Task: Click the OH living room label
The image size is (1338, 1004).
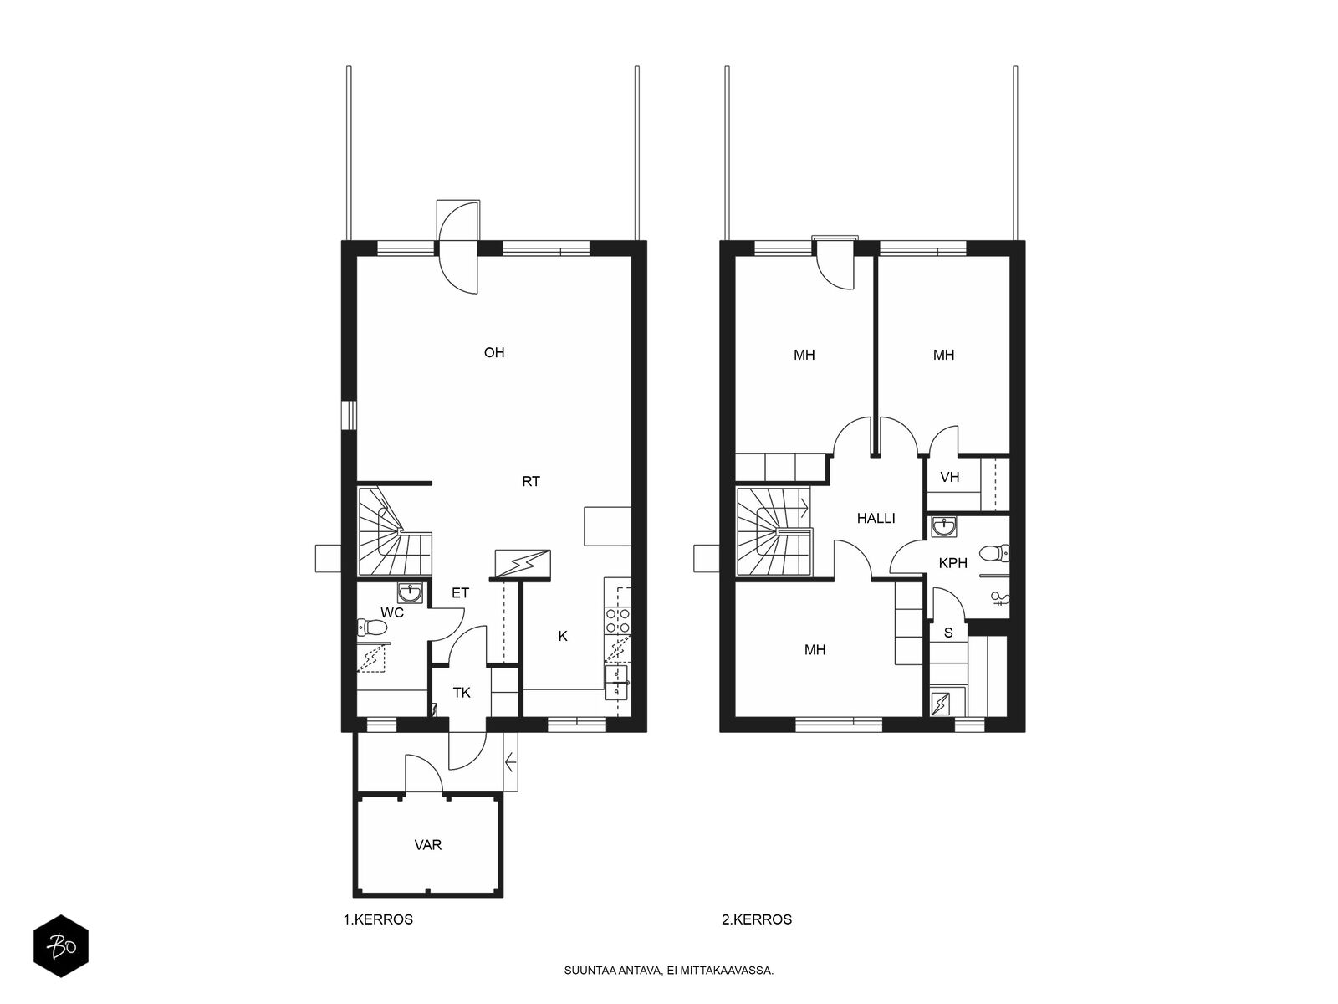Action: coord(493,352)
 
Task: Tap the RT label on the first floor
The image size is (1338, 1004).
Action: coord(530,482)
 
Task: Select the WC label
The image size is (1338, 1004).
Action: coord(392,612)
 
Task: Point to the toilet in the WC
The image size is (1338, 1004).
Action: coord(373,627)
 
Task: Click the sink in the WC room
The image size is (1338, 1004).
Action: coord(410,592)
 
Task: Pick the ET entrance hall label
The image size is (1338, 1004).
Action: coord(460,592)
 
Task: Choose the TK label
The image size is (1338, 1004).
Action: coord(462,693)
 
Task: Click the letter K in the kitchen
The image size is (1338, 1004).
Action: coord(563,636)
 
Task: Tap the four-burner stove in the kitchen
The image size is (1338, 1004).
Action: coord(617,621)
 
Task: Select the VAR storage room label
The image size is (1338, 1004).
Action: coord(427,845)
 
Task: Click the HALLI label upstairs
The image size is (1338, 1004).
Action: coord(876,518)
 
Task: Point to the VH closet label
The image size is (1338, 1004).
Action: coord(950,477)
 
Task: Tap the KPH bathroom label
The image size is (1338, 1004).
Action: coord(952,563)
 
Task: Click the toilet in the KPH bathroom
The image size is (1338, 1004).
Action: coord(993,554)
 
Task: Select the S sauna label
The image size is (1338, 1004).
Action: coord(947,633)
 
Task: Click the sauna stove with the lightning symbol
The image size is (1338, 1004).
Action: coord(941,704)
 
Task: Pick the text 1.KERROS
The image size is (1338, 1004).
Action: coord(378,919)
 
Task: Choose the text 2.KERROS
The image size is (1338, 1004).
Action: coord(757,919)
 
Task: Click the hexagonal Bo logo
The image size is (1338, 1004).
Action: coord(61,946)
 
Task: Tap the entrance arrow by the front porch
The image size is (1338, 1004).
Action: coord(511,762)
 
